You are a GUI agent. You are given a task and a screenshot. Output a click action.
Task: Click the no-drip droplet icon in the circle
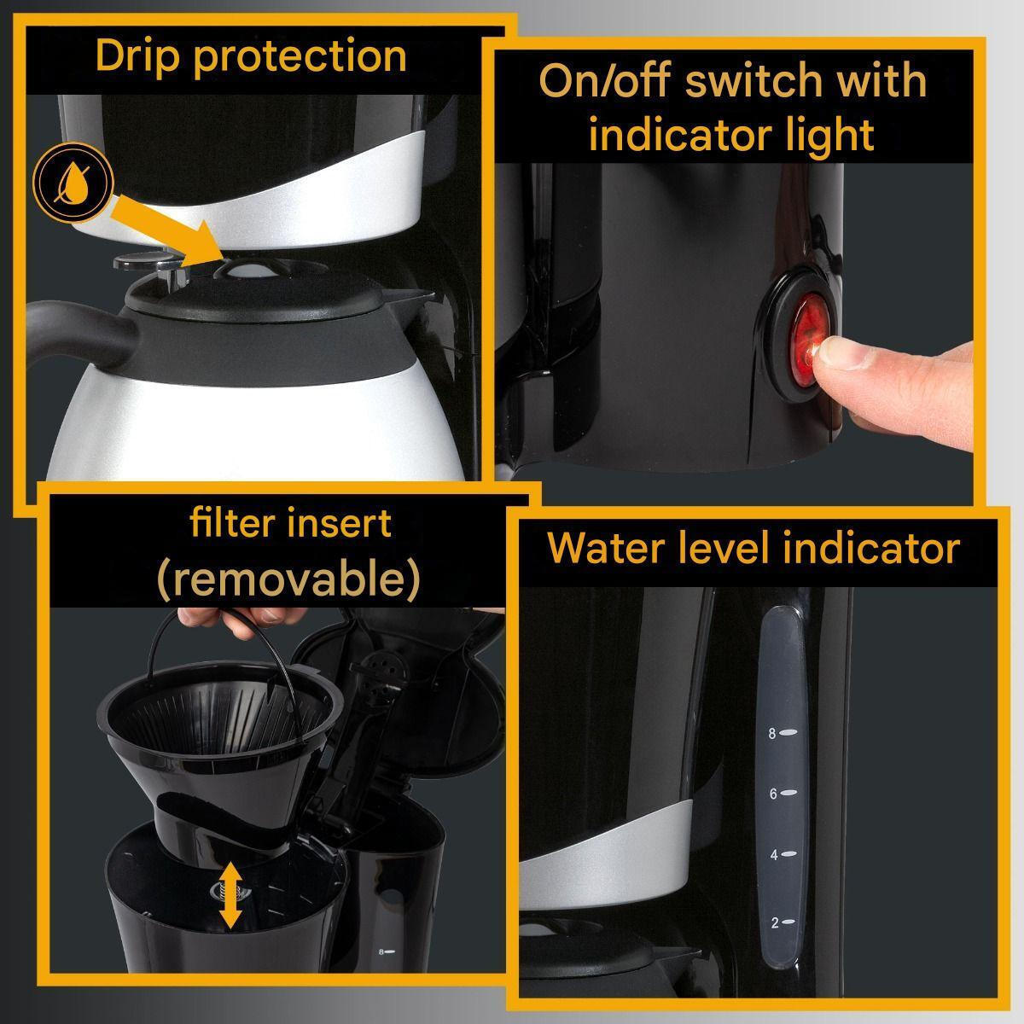coord(73,182)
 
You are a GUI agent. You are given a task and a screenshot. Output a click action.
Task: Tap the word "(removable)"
coord(289,579)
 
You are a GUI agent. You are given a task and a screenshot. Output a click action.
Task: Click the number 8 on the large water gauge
coord(772,735)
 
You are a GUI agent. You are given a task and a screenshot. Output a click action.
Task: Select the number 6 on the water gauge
coord(773,794)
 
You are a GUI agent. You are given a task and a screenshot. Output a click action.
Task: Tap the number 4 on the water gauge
coord(774,855)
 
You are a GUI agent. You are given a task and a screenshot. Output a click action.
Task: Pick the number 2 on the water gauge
coord(775,923)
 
